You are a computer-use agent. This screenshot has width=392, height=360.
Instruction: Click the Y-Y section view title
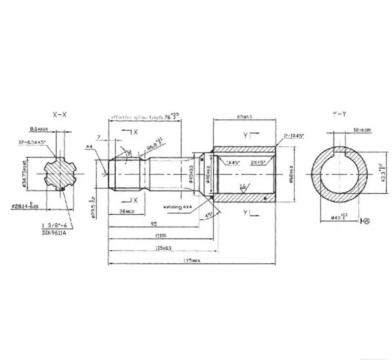[x=340, y=114]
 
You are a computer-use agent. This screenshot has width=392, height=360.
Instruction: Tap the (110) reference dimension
[x=160, y=236]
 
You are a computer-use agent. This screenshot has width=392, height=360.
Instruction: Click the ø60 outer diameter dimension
[x=290, y=175]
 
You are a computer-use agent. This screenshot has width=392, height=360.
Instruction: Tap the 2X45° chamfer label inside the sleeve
[x=258, y=162]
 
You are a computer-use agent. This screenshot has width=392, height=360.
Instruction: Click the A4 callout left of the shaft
[x=88, y=147]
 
